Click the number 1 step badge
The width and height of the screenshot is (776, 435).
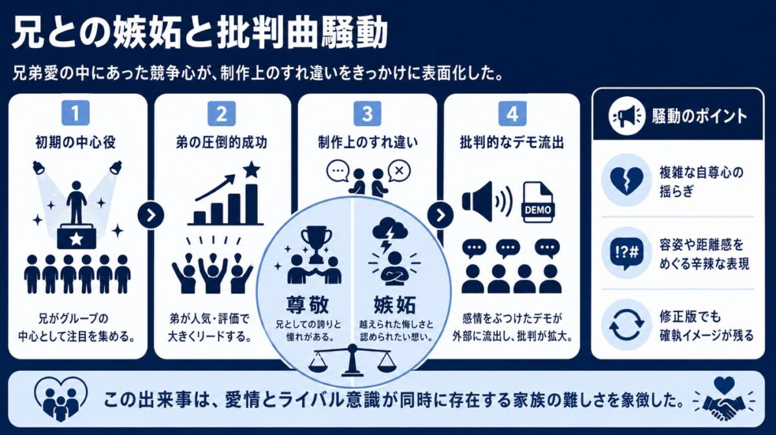76,113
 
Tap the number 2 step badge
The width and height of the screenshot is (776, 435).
221,114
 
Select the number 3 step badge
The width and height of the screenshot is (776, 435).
367,114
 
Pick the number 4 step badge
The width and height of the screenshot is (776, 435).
512,114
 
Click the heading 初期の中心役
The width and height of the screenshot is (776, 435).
76,143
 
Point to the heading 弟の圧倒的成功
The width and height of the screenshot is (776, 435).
221,143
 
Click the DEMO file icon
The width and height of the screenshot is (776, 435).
538,202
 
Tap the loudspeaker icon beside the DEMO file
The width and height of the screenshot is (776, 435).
487,202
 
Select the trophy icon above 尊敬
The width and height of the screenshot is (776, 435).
316,244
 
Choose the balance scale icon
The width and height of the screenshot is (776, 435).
352,360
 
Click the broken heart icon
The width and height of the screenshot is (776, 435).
627,180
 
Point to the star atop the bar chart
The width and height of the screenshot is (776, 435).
251,169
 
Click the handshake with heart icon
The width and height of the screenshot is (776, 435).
725,400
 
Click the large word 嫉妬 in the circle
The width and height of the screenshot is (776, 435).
394,305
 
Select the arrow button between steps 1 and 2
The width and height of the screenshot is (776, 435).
151,215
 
